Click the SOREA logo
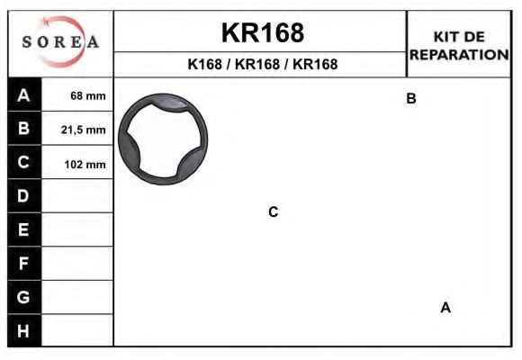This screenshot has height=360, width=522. point(60,42)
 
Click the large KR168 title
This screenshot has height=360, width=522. point(263,33)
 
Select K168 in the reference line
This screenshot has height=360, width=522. point(204,64)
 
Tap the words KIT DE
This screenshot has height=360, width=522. point(459,37)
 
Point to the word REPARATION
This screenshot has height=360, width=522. point(459,55)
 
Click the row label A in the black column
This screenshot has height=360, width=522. point(23,95)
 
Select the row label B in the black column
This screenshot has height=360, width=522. point(23,128)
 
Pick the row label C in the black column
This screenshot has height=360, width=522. point(23,162)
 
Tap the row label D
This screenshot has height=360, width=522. point(23,196)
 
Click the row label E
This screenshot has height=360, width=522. point(23,229)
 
